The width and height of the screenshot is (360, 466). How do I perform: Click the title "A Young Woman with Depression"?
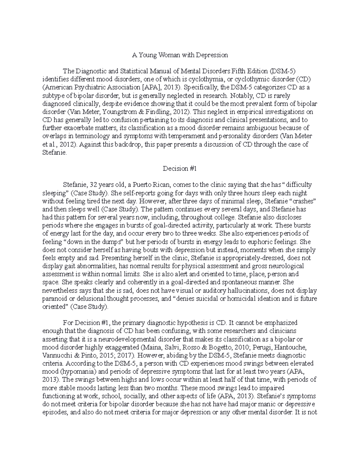click(180, 55)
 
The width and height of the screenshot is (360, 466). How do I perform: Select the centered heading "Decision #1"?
click(180, 168)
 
